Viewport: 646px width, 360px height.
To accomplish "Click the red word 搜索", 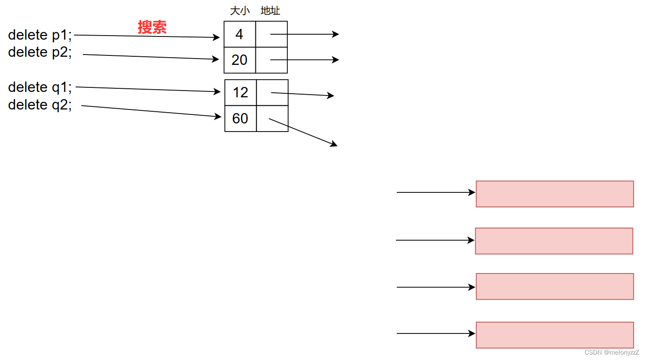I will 152,27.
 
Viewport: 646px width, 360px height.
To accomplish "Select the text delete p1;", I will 40,35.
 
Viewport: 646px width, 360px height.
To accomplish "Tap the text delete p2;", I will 40,52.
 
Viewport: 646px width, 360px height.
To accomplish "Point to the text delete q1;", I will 40,87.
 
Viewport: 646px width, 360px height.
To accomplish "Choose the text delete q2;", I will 40,105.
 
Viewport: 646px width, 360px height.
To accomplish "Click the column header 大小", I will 240,11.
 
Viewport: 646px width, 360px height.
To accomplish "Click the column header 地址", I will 270,11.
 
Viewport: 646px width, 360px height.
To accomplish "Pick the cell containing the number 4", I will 240,34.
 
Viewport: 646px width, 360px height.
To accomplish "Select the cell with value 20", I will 240,60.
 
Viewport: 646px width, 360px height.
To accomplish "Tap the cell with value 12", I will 241,93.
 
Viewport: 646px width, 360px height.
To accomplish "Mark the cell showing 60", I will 241,118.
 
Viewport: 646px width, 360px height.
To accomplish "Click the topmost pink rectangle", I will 555,194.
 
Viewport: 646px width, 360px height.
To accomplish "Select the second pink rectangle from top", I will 554,241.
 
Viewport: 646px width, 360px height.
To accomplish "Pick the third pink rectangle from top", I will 555,287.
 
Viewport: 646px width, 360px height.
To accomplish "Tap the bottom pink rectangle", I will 555,335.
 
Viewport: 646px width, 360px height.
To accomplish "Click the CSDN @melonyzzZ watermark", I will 611,352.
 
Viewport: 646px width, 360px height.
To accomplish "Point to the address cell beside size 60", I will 272,118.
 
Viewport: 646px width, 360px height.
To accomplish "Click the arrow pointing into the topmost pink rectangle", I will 435,192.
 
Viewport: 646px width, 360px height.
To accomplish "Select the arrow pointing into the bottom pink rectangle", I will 435,334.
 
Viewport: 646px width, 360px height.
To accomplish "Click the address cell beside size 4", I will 271,34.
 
